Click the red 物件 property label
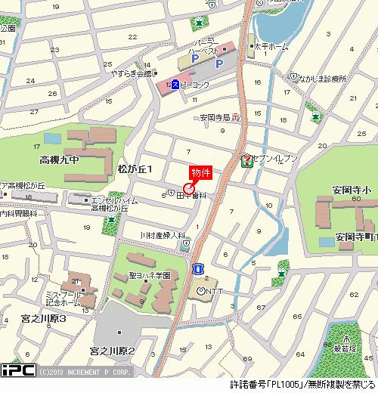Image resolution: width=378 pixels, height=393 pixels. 200,173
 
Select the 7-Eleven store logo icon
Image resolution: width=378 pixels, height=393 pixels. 247,160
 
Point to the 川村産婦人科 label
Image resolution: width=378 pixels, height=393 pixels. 163,235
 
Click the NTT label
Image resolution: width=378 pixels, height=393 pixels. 214,290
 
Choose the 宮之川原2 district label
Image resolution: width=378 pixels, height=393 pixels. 111,351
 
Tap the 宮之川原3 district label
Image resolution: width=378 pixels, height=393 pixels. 44,320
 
